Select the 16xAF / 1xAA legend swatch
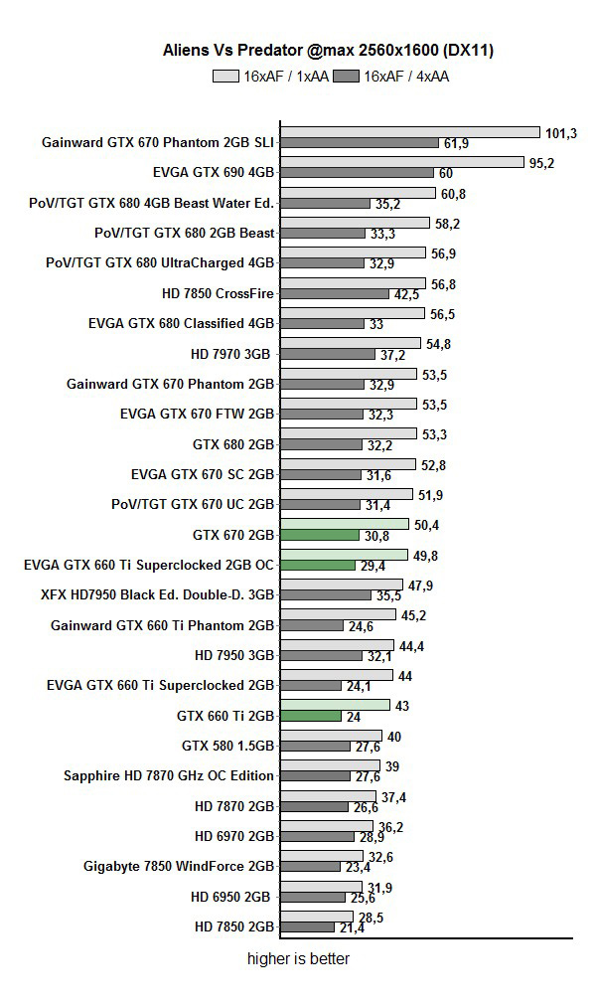click(x=225, y=76)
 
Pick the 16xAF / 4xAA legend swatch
click(x=347, y=76)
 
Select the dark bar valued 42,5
click(x=335, y=294)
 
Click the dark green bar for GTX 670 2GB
click(x=319, y=535)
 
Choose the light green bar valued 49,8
click(x=344, y=554)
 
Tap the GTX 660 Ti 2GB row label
click(x=224, y=715)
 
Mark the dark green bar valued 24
click(x=308, y=716)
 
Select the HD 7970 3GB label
click(x=231, y=353)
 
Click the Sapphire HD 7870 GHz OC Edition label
click(x=168, y=775)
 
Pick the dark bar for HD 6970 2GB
click(x=317, y=837)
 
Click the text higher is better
click(x=298, y=959)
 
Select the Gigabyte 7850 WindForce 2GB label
click(x=178, y=866)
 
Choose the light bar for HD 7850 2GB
click(x=317, y=917)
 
